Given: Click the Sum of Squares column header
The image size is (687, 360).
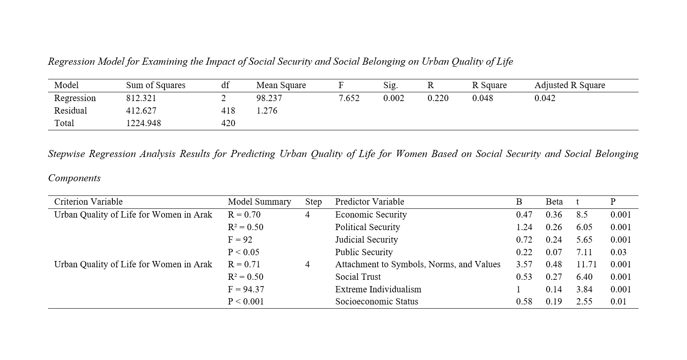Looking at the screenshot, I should pos(155,85).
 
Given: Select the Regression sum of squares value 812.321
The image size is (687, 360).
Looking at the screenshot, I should pos(141,98).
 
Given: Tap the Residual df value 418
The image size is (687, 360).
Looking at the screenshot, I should pos(228,111).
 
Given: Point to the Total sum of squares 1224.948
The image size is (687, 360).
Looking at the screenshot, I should pos(143,123).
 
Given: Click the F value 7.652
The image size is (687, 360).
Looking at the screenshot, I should pos(349,98).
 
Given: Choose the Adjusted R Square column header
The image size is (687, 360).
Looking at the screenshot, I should pos(570,85).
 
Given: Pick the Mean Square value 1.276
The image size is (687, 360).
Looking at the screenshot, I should pos(266,111).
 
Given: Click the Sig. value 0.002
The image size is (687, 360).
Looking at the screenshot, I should pos(393,98).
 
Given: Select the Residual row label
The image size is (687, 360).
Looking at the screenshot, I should pos(71,111).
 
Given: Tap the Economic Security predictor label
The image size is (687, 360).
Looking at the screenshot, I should pos(371,215).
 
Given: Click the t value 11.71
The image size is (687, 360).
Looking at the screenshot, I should pos(586,264).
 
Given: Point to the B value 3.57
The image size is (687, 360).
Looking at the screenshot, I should pos(524,264).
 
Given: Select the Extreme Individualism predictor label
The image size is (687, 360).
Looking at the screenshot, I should pos(378,289).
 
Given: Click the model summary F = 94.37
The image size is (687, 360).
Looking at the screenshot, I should pos(246,289).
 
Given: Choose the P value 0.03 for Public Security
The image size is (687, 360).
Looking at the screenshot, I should pos(618,252).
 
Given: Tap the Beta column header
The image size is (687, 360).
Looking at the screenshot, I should pos(554,202).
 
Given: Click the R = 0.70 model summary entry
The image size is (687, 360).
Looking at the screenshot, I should pos(244,215).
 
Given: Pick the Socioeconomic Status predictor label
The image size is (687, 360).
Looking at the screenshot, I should pos(376,302).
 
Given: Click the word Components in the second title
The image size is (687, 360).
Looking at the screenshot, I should pos(74,178).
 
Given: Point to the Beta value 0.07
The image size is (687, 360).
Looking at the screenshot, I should pos(554,252).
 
